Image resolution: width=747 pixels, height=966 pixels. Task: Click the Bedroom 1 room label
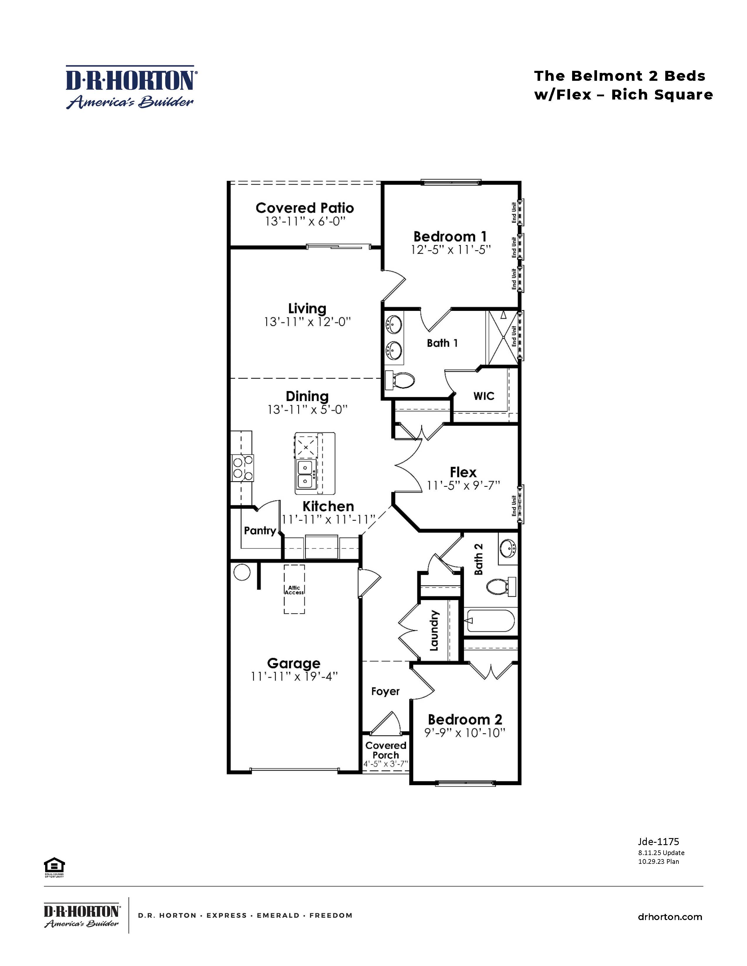[x=450, y=237]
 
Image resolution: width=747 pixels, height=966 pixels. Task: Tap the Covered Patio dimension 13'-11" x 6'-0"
[x=305, y=222]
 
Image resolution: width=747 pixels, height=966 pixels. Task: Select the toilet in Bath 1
[x=400, y=380]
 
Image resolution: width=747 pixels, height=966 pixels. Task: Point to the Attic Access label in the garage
[x=294, y=590]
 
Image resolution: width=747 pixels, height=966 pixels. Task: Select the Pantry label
[x=260, y=531]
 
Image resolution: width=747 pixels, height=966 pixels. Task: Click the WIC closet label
[x=484, y=396]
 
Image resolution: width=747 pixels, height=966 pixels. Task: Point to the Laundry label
[x=434, y=630]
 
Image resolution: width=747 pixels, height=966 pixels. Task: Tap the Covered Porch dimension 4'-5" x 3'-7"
[x=386, y=764]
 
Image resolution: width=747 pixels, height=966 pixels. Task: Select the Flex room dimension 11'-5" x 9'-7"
[x=463, y=486]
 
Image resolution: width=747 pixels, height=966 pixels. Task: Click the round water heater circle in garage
[x=242, y=572]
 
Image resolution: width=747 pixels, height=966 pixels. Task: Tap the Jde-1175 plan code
[x=658, y=842]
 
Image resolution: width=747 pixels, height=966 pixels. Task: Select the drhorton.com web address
[x=670, y=917]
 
